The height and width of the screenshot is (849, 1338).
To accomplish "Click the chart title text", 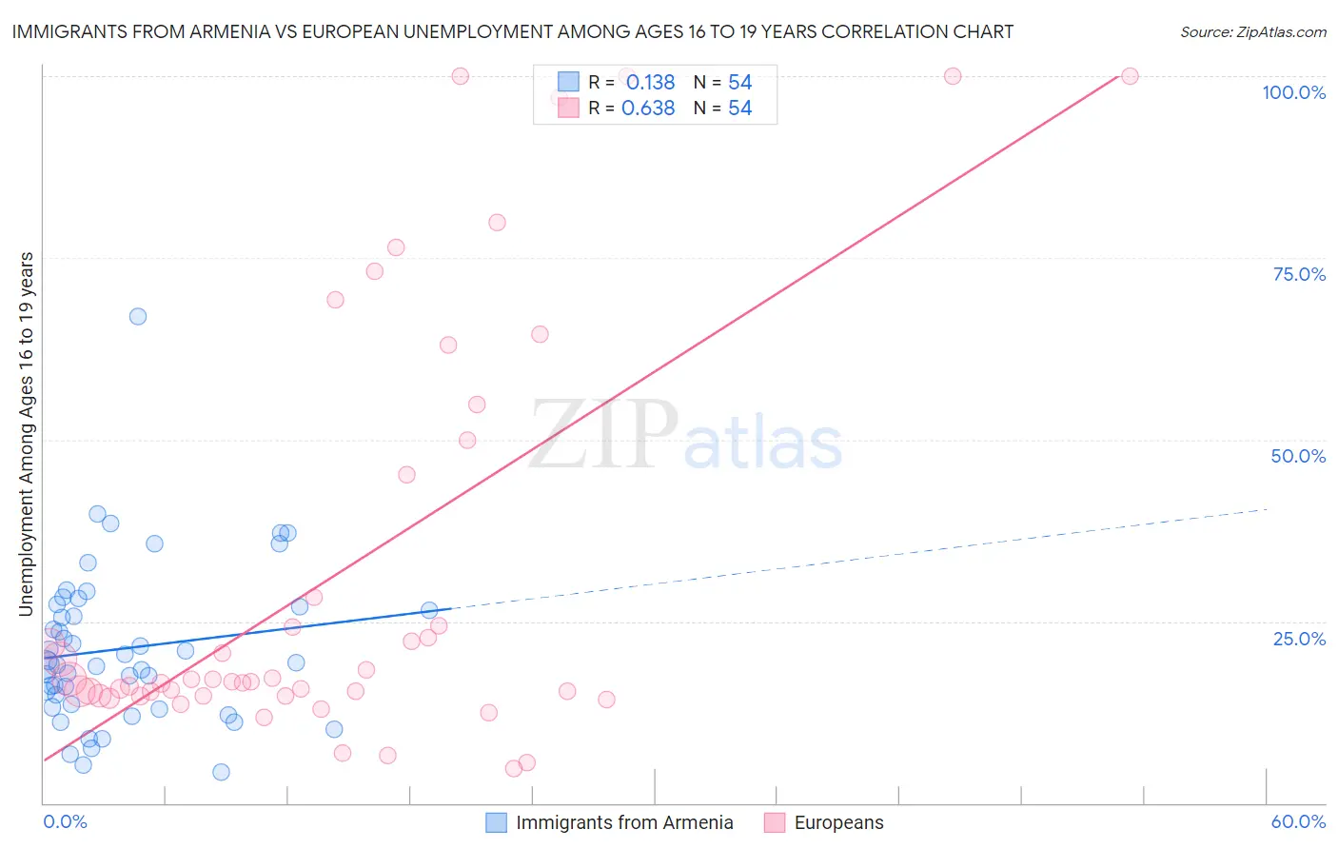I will [513, 31].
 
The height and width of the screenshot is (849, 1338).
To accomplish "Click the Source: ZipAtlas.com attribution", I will [1252, 31].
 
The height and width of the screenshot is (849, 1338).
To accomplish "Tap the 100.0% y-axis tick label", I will [1293, 92].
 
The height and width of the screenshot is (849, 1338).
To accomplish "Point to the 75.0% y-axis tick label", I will [1299, 274].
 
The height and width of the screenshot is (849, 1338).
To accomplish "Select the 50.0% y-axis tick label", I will [1298, 456].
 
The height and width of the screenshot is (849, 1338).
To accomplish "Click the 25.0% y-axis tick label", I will [1299, 638].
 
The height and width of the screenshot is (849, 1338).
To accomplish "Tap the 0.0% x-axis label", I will [65, 821].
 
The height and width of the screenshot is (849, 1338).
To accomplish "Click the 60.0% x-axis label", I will [1298, 821].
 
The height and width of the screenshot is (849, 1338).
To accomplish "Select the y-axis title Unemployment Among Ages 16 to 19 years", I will [27, 434].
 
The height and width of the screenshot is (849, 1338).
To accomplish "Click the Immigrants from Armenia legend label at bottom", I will [624, 822].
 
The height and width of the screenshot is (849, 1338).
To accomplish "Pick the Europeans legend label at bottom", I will [838, 822].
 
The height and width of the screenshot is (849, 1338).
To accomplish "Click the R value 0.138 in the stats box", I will [650, 83].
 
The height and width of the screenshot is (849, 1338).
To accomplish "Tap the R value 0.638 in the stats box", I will [648, 109].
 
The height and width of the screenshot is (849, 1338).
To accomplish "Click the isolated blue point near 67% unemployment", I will [138, 316].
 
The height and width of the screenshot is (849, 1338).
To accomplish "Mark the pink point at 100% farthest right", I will [1130, 76].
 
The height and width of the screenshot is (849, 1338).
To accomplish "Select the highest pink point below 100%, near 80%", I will [497, 223].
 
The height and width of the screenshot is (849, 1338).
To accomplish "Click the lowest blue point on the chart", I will [221, 772].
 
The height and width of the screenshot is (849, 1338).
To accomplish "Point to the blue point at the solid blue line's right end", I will [429, 610].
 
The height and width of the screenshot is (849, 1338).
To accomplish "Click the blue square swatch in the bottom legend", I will [496, 822].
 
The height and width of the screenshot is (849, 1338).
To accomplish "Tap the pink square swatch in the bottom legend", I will [775, 822].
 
